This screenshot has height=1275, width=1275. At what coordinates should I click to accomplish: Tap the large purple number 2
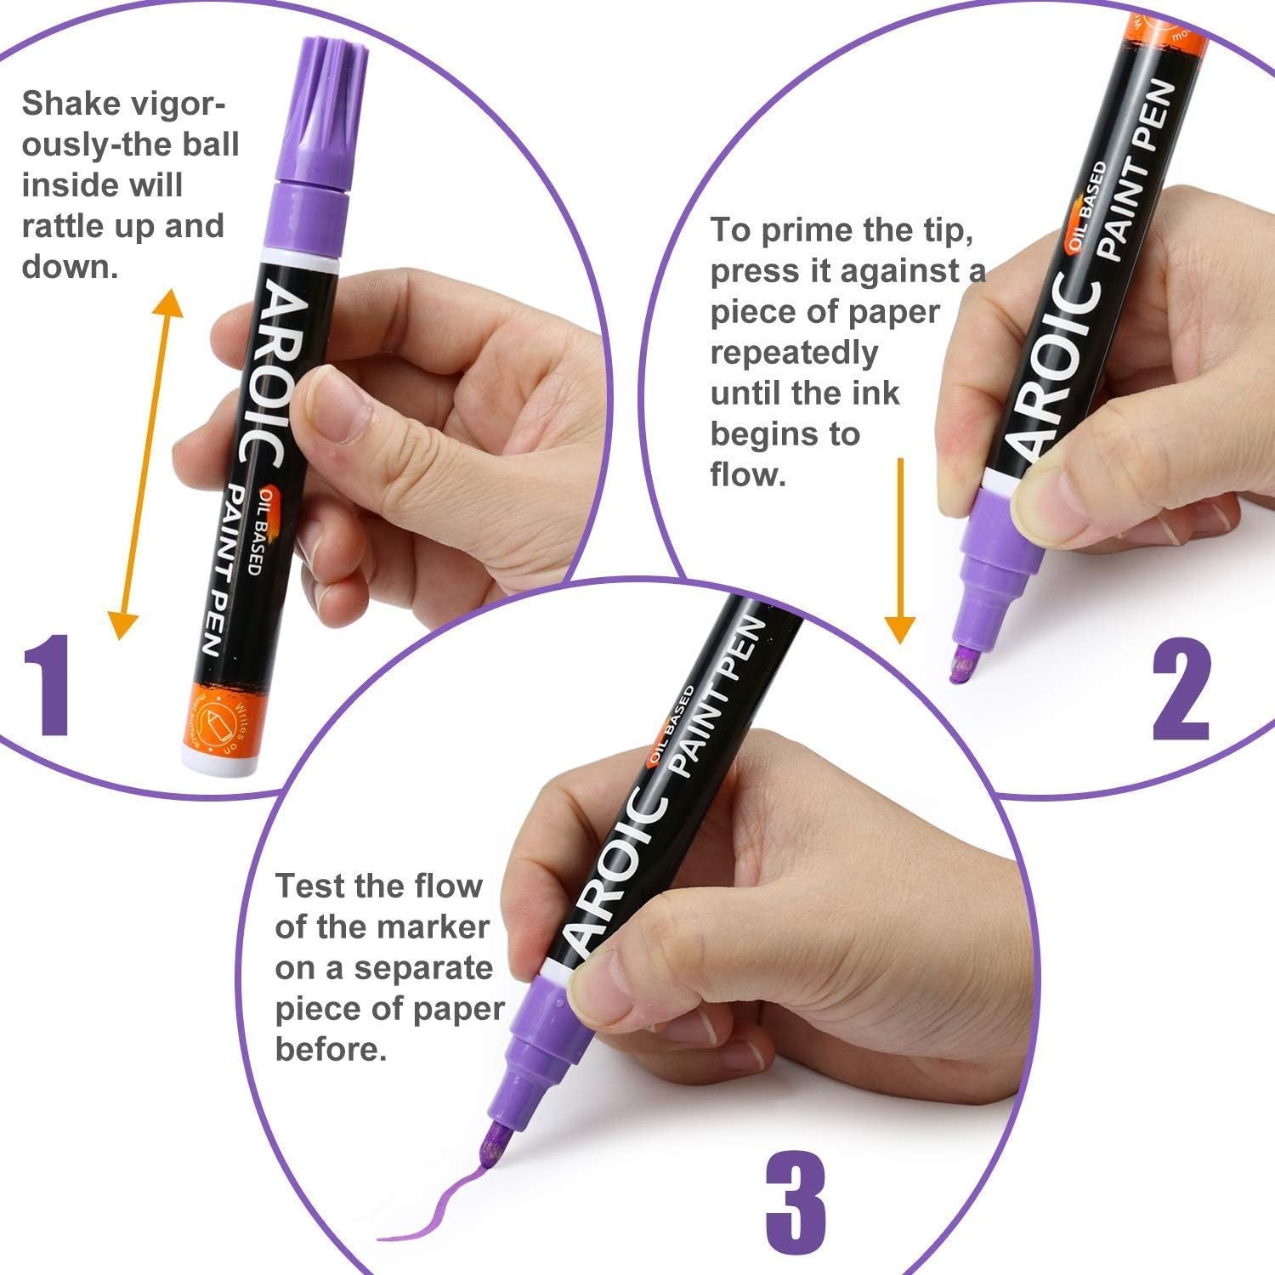(1181, 689)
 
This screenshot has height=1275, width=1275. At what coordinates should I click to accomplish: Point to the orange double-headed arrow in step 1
(146, 463)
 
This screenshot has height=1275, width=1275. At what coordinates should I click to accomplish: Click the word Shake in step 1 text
(70, 104)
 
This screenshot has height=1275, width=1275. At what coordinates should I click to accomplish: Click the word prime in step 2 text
(807, 229)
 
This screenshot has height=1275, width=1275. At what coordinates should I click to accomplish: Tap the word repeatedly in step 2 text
(794, 352)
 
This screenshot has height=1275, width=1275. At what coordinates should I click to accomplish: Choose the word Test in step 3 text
(309, 886)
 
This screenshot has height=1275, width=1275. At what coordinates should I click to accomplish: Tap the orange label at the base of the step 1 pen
(220, 714)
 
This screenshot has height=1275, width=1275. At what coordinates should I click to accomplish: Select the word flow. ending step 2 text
(748, 474)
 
